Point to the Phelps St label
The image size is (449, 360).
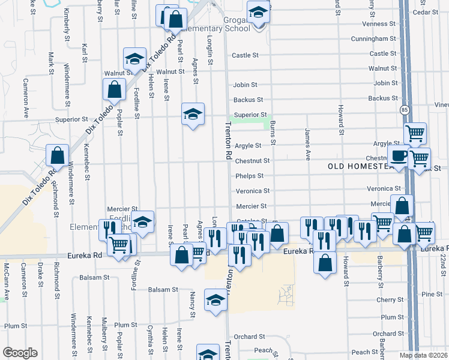pyautogui.click(x=249, y=176)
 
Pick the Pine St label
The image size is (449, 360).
pyautogui.click(x=432, y=295)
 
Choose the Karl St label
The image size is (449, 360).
pyautogui.click(x=85, y=53)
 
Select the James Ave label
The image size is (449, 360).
pyautogui.click(x=307, y=145)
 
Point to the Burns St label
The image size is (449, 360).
pyautogui.click(x=273, y=133)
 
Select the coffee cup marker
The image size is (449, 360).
pyautogui.click(x=397, y=156)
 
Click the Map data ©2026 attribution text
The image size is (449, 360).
pyautogui.click(x=423, y=355)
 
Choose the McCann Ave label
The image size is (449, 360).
pyautogui.click(x=7, y=274)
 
